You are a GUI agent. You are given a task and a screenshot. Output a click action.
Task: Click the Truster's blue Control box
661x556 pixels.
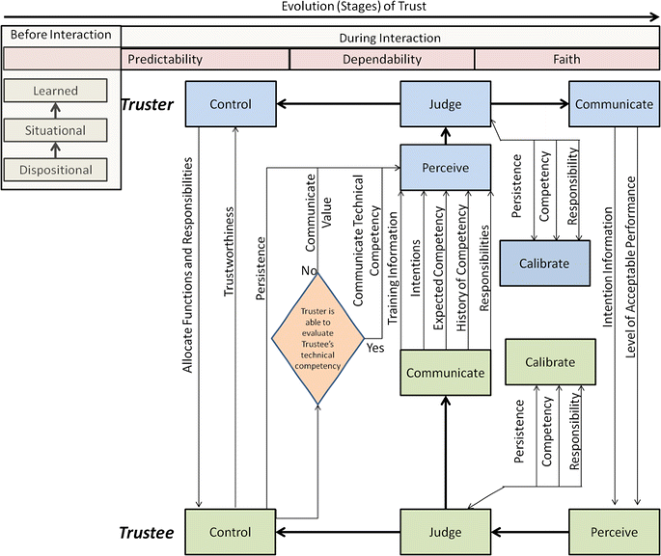click(230, 104)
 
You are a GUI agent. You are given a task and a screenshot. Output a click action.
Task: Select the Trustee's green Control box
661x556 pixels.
click(230, 532)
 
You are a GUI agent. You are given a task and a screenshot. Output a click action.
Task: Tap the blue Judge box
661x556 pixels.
click(445, 104)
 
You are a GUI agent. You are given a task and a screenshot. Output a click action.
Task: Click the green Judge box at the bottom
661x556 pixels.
click(445, 532)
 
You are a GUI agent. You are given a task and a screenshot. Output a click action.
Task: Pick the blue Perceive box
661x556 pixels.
click(445, 168)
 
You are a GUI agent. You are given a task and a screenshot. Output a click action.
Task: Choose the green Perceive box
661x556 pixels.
click(614, 532)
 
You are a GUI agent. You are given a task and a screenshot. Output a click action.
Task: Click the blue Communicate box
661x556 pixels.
click(614, 104)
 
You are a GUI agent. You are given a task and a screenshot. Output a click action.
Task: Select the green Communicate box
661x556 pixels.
click(445, 373)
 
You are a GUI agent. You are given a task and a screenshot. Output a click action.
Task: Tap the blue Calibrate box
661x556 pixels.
click(544, 264)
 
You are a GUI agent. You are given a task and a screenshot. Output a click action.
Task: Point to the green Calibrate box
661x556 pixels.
click(550, 363)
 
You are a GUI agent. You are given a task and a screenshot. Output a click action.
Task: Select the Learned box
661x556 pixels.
click(55, 92)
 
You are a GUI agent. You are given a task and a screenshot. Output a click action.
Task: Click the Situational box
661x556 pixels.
click(55, 130)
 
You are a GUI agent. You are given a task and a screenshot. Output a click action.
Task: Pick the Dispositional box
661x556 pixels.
click(55, 170)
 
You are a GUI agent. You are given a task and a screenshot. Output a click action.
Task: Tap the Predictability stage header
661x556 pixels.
click(166, 59)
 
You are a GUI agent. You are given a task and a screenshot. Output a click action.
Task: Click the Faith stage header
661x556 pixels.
click(566, 59)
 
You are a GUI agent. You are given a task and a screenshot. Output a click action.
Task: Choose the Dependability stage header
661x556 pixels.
click(382, 59)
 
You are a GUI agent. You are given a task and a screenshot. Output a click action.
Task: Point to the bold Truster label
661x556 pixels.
click(147, 104)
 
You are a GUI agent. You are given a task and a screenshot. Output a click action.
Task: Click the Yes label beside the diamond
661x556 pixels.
click(375, 347)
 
